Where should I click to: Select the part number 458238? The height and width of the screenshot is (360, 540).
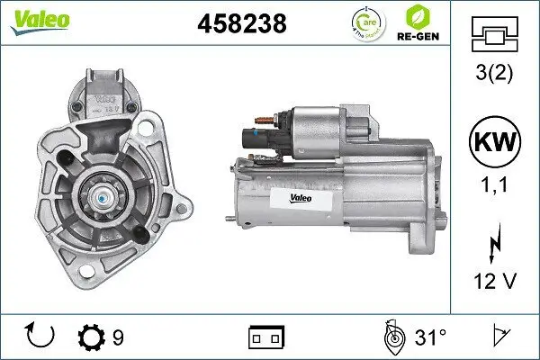coord(241,24)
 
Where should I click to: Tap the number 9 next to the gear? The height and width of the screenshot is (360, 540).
coord(117,337)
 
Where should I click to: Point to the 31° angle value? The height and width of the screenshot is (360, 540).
coord(430,337)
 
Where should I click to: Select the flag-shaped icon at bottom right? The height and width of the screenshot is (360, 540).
coord(499,337)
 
